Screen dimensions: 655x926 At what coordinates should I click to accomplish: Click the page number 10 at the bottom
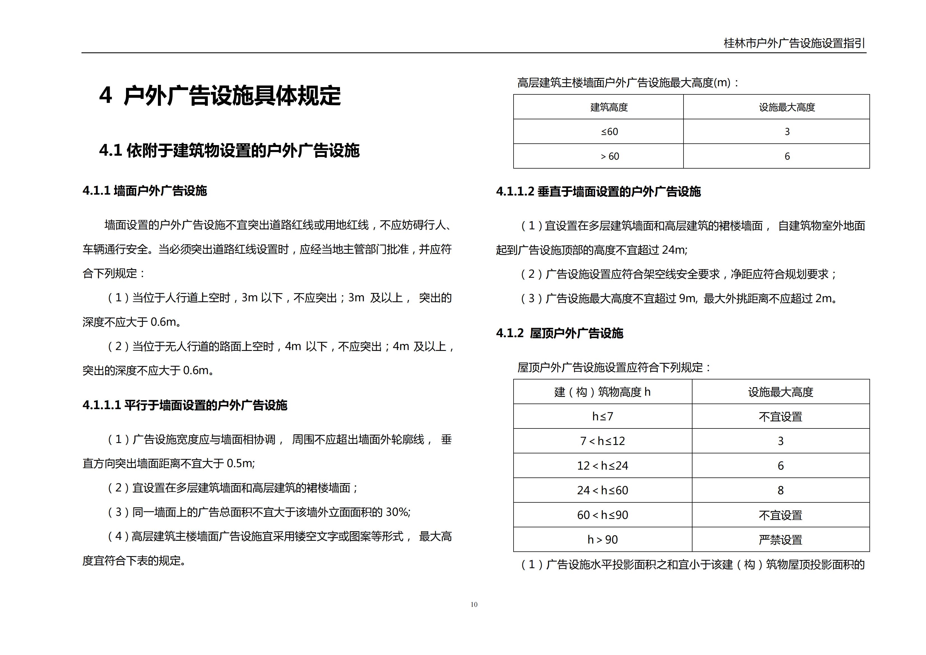point(474,604)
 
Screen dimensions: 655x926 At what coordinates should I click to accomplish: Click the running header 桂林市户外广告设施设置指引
point(794,43)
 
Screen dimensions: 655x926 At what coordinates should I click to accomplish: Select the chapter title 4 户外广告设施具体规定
point(220,96)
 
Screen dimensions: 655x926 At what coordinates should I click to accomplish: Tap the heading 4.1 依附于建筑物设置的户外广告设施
point(229,150)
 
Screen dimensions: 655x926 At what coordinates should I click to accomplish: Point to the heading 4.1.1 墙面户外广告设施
point(145,191)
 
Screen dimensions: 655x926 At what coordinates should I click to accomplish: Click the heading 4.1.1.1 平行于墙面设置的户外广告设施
point(185,405)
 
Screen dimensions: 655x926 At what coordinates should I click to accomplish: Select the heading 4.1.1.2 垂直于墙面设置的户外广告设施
point(598,192)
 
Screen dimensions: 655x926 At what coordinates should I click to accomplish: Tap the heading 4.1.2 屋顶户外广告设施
point(560,333)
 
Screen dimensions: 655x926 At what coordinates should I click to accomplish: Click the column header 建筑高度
point(609,107)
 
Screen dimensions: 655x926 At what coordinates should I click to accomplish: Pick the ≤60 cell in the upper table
point(609,132)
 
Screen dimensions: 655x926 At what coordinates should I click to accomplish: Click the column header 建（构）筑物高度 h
point(602,392)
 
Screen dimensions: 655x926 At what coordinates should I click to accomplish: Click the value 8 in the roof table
point(780,490)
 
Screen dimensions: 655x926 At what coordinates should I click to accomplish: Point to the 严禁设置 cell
point(780,540)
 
